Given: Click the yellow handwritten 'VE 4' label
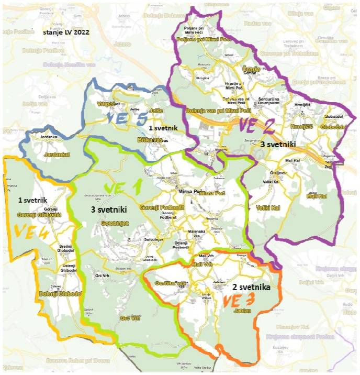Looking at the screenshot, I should [x=31, y=231].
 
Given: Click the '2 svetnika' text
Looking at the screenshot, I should [x=247, y=288].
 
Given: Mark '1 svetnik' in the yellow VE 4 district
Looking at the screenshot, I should [x=33, y=200].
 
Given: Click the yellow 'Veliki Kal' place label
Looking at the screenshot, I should [x=268, y=208].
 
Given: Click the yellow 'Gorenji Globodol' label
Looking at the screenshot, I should [x=39, y=215].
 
